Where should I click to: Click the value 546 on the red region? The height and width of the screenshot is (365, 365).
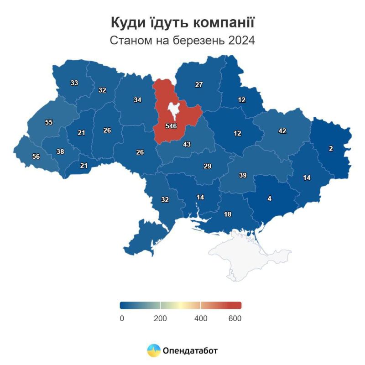pyautogui.click(x=171, y=125)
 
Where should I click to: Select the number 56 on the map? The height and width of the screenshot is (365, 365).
pyautogui.click(x=36, y=156)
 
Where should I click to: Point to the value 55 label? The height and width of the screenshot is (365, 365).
pyautogui.click(x=49, y=122)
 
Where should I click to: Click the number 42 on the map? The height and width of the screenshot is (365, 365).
pyautogui.click(x=282, y=131)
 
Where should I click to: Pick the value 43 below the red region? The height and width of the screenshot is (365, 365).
pyautogui.click(x=187, y=144)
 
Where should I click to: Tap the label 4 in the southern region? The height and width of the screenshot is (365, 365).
pyautogui.click(x=269, y=198)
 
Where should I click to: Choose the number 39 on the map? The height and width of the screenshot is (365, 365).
pyautogui.click(x=243, y=175)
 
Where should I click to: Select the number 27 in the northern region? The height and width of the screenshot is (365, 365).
pyautogui.click(x=198, y=84)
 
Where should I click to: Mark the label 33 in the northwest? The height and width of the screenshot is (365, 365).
pyautogui.click(x=74, y=83)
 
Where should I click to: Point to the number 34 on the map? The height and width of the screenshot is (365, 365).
pyautogui.click(x=137, y=99)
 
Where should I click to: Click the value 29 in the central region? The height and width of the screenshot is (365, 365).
pyautogui.click(x=207, y=166)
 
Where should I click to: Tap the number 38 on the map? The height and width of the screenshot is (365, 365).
pyautogui.click(x=60, y=151)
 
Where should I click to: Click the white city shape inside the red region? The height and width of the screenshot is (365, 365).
pyautogui.click(x=173, y=109)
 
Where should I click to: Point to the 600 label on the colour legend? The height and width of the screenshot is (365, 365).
pyautogui.click(x=235, y=318)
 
